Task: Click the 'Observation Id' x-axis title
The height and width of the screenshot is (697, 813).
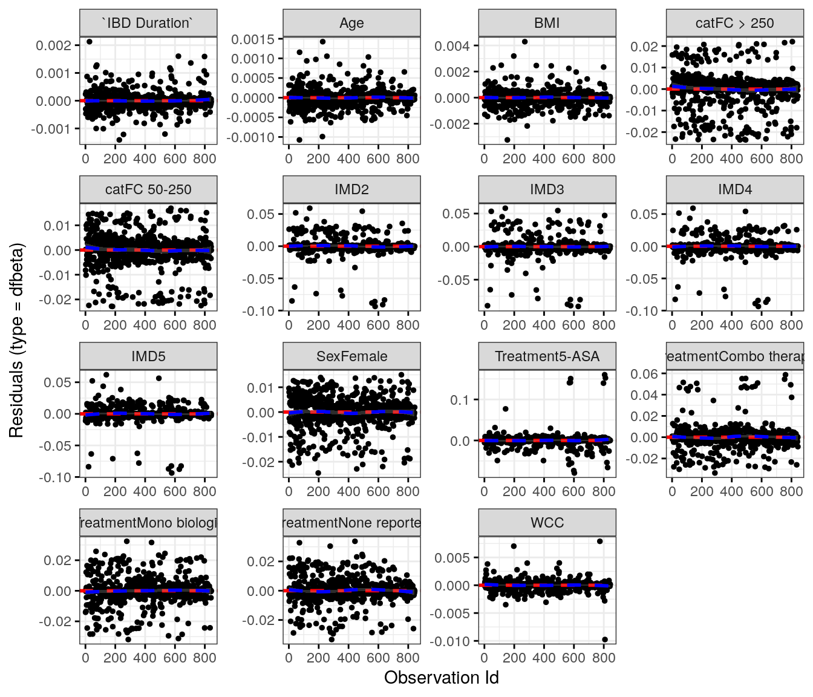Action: coord(441,678)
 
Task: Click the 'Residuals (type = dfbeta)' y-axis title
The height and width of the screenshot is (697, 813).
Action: coord(16,340)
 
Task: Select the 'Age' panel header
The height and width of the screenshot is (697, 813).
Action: coord(351,24)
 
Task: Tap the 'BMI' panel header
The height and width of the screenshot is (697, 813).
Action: coord(547,24)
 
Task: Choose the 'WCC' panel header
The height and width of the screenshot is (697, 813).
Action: coord(547,523)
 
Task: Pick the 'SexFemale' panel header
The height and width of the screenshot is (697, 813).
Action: coord(351,356)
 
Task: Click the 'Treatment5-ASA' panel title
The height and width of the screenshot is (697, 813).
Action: coord(547,356)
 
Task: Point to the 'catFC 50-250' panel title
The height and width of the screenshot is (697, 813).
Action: coord(148,190)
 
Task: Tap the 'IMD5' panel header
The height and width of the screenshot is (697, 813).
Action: coord(148,356)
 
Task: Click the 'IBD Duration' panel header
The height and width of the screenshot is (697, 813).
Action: coord(148,24)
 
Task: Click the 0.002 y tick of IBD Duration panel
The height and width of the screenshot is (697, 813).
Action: coord(53,45)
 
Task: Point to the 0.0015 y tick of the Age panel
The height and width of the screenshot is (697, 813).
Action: coord(253,39)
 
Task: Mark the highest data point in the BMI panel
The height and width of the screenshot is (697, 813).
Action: coord(524,42)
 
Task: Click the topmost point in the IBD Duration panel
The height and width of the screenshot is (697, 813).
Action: coord(89,42)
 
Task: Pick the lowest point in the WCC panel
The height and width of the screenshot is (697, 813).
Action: coord(605,640)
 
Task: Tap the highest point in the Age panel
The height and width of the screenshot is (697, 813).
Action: coord(322,42)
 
